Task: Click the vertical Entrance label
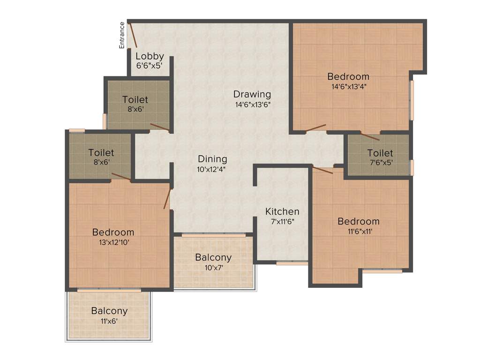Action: (122, 35)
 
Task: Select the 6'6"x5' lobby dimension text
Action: (149, 66)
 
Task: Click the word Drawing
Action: (252, 94)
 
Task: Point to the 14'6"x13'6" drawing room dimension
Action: (253, 105)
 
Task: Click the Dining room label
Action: (212, 159)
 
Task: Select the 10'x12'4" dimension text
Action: (212, 170)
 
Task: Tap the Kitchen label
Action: (282, 211)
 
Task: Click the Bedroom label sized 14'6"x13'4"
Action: (348, 76)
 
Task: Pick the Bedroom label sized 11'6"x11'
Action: (359, 221)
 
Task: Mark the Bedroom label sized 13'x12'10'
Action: (113, 232)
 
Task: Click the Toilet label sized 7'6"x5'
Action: (380, 153)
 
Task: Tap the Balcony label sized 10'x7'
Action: (213, 257)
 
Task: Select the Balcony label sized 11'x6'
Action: (109, 311)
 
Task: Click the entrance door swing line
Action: (133, 35)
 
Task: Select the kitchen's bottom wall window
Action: (292, 263)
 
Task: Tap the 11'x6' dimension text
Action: (109, 322)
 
